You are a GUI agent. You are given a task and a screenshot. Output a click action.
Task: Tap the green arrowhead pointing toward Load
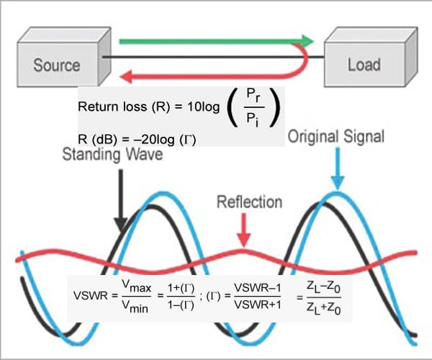click(x=308, y=41)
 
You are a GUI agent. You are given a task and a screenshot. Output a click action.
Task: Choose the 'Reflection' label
click(x=249, y=202)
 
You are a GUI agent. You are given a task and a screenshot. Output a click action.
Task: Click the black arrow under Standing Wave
click(x=122, y=194)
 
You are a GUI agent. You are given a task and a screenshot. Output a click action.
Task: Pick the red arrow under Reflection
click(x=246, y=230)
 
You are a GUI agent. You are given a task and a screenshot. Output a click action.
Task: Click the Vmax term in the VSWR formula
click(x=137, y=287)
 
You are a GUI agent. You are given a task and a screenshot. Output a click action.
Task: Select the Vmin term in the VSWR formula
click(x=136, y=305)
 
